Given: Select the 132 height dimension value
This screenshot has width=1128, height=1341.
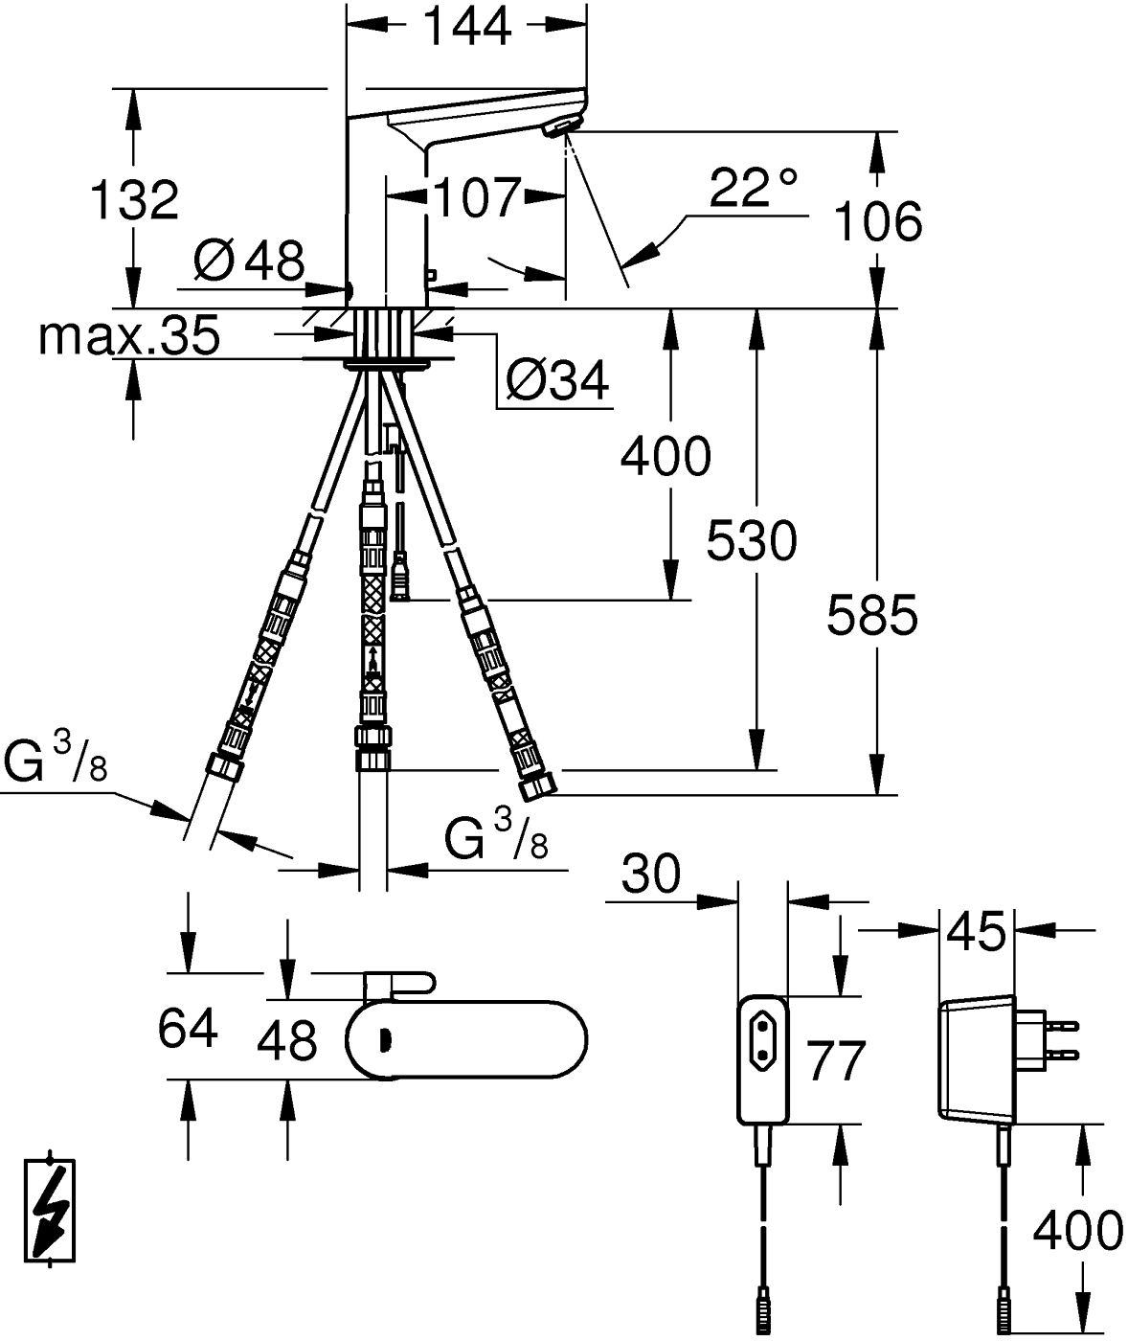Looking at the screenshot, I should pyautogui.click(x=134, y=200).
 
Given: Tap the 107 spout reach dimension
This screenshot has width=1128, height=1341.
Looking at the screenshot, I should pyautogui.click(x=476, y=197).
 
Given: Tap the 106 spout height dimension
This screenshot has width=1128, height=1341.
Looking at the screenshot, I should pyautogui.click(x=877, y=222).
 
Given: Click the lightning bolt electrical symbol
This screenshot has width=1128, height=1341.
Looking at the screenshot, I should pyautogui.click(x=49, y=1211).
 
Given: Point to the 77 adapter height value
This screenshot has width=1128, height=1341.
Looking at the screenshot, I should pyautogui.click(x=835, y=1060).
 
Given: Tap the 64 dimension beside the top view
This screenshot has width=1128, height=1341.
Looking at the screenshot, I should pyautogui.click(x=188, y=1029).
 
